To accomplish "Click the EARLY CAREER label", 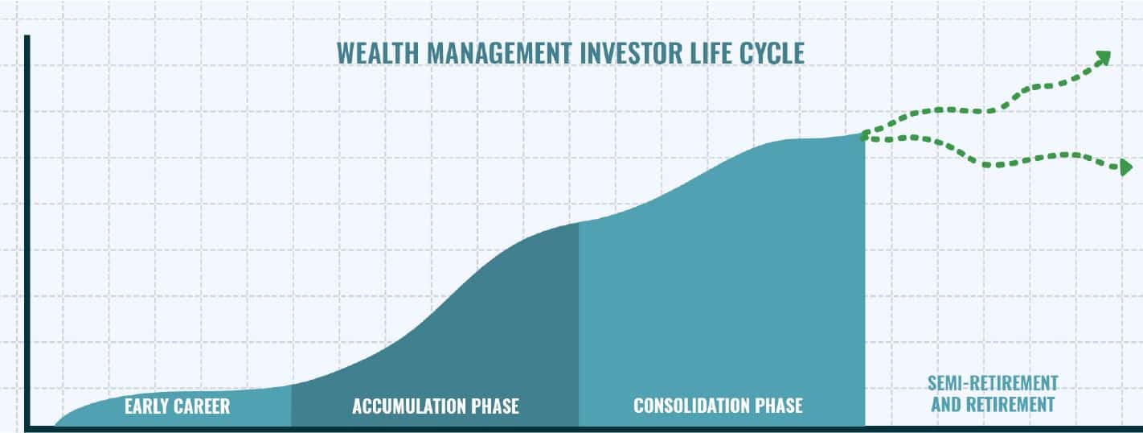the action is coord(177,406).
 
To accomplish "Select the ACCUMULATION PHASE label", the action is coord(436,406).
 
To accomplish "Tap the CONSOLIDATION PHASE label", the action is coord(718,406).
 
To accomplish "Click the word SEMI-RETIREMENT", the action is coord(993,383).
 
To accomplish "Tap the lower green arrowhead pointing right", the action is coord(1125,167).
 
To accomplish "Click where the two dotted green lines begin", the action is coord(863,137).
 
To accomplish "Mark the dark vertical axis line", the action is coord(27,230).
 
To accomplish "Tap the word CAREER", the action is coord(203,406).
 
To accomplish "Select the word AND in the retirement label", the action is coord(947,404).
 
